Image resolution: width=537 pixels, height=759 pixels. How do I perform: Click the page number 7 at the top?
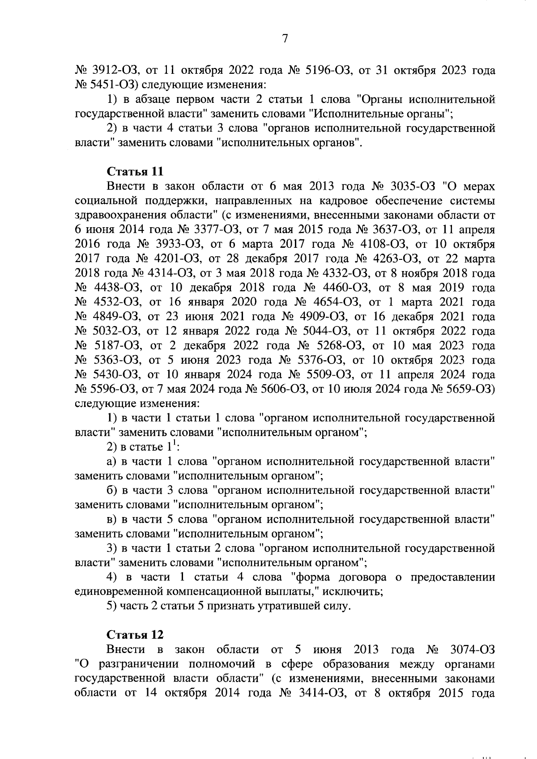click(285, 39)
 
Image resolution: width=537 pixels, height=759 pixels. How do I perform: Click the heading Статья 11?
click(135, 171)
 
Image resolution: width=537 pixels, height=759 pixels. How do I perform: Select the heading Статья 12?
click(135, 635)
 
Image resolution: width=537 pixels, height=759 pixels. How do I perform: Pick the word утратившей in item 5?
click(283, 606)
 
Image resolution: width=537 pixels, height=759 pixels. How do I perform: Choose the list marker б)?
click(112, 490)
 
